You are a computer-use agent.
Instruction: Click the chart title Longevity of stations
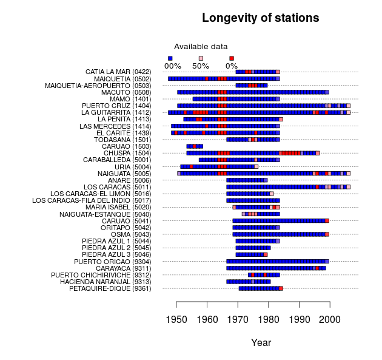[x=260, y=18]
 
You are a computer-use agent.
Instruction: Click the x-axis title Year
[x=261, y=343]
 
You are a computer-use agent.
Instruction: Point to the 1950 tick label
[x=176, y=319]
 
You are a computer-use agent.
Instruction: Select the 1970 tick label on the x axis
[x=238, y=319]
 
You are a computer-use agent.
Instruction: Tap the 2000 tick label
[x=330, y=319]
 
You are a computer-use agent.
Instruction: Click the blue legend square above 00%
[x=170, y=58]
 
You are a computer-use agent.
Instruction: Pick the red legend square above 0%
[x=232, y=58]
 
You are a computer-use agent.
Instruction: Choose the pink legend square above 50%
[x=201, y=58]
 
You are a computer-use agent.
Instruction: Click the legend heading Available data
[x=201, y=46]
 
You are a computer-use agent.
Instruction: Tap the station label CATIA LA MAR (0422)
[x=118, y=72]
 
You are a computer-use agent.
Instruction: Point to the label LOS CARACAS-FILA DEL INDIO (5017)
[x=92, y=200]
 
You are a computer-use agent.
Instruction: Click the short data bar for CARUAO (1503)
[x=194, y=146]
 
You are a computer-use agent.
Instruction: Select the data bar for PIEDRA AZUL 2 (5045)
[x=253, y=248]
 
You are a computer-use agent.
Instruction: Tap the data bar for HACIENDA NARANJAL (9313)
[x=248, y=282]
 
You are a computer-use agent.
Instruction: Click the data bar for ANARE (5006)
[x=247, y=180]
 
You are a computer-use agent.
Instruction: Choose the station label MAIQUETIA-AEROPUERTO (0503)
[x=98, y=86]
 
